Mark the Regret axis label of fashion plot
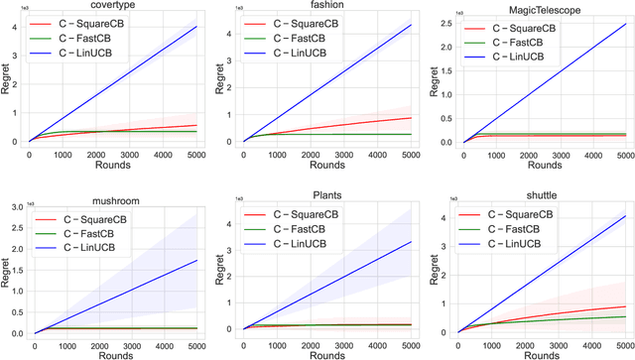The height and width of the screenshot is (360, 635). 221,81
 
